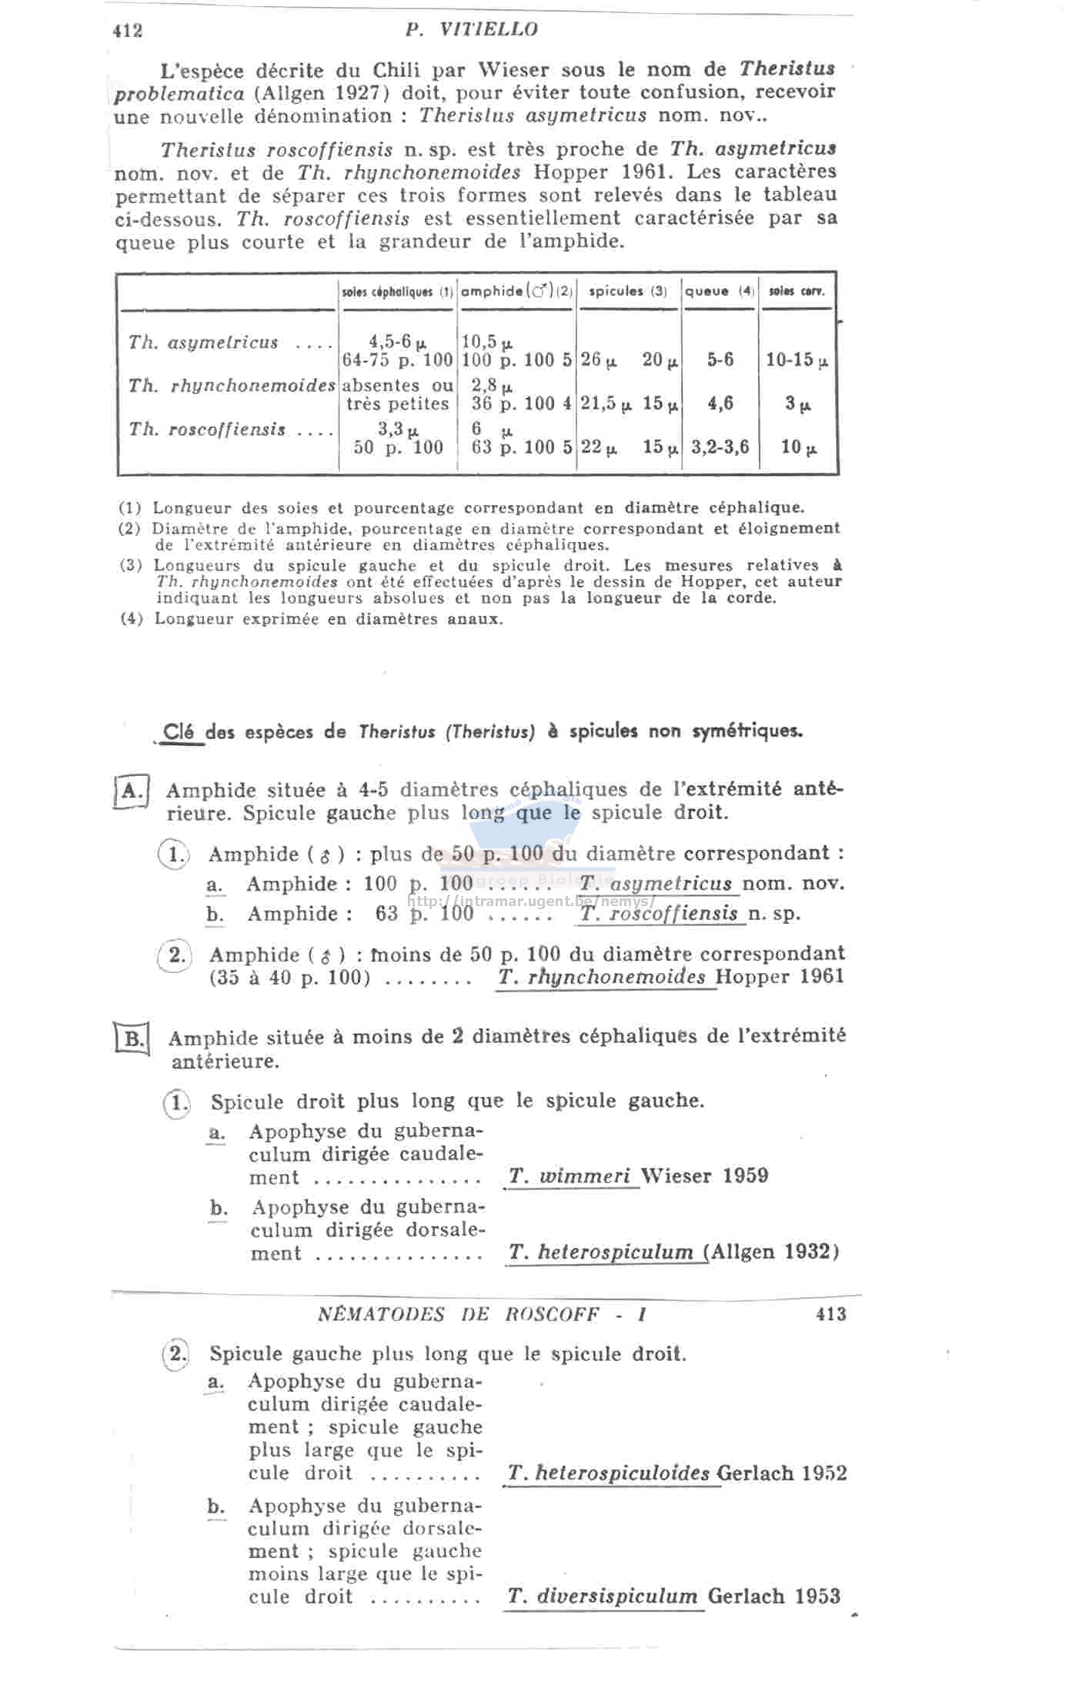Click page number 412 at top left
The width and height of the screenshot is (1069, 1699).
pyautogui.click(x=128, y=31)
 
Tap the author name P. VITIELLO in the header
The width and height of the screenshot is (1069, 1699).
pyautogui.click(x=471, y=30)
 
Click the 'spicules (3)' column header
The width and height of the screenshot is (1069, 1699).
pyautogui.click(x=627, y=292)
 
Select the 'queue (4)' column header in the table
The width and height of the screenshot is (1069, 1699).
pyautogui.click(x=720, y=292)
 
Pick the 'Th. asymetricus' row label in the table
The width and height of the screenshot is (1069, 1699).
pyautogui.click(x=203, y=343)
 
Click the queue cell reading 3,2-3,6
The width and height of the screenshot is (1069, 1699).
pyautogui.click(x=720, y=447)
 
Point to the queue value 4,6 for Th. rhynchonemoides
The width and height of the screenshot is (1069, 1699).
pyautogui.click(x=720, y=403)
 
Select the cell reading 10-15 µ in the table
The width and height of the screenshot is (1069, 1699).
pyautogui.click(x=797, y=360)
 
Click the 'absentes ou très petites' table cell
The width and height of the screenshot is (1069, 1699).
pyautogui.click(x=397, y=394)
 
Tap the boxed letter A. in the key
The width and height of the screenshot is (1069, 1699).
pyautogui.click(x=132, y=791)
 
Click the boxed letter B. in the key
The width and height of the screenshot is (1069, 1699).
pyautogui.click(x=133, y=1039)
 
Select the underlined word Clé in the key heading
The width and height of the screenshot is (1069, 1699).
pyautogui.click(x=179, y=731)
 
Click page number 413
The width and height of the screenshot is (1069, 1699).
pyautogui.click(x=830, y=1314)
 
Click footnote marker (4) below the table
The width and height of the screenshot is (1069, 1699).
pyautogui.click(x=131, y=619)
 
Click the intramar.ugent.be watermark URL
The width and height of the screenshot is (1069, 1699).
pyautogui.click(x=531, y=901)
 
